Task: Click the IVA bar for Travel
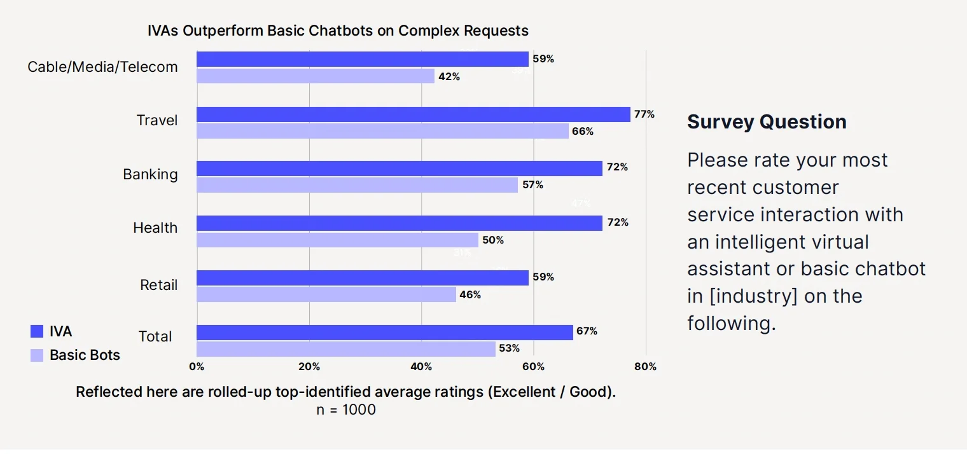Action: (x=413, y=114)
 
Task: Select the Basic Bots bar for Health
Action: (x=337, y=240)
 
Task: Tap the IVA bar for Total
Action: (x=384, y=332)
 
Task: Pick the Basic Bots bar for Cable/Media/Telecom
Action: (x=315, y=76)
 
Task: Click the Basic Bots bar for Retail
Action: (x=326, y=294)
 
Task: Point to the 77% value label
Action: (x=644, y=114)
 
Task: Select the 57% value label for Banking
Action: (x=532, y=185)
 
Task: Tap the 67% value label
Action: (x=587, y=331)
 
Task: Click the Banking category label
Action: (x=150, y=174)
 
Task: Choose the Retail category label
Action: (x=158, y=285)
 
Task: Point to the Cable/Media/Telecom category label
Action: (x=102, y=67)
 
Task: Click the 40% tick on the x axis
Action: (x=421, y=367)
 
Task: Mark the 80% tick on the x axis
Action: (x=646, y=367)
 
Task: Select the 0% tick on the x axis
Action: (x=197, y=367)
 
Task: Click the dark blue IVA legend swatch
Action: (x=37, y=331)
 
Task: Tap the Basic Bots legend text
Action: (x=85, y=355)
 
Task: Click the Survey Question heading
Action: (x=767, y=121)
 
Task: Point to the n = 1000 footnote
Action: (x=346, y=410)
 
